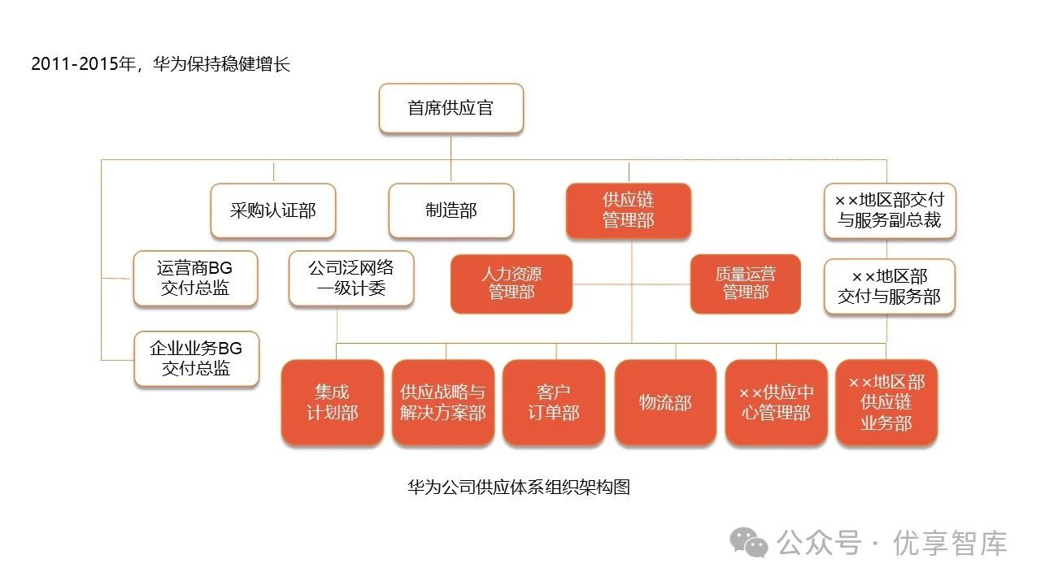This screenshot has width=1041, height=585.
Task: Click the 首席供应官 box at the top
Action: (451, 108)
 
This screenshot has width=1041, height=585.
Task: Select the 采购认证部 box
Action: (272, 210)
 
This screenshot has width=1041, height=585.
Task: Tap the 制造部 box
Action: (451, 210)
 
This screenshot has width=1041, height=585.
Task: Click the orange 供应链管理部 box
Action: (628, 210)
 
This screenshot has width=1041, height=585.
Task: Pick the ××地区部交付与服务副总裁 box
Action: (889, 210)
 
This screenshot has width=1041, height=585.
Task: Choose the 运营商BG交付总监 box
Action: (195, 278)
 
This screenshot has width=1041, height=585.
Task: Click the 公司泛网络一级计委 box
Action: (351, 278)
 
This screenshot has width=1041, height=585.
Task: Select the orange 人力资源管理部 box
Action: (511, 284)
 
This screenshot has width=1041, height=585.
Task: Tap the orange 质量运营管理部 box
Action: (745, 284)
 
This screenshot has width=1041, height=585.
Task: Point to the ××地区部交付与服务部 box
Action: (889, 286)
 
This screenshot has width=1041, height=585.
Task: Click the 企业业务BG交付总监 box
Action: (196, 358)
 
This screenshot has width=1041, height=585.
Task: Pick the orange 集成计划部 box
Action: (332, 402)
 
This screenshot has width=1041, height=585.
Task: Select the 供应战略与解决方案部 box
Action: (442, 402)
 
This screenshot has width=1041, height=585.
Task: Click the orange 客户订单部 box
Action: (553, 402)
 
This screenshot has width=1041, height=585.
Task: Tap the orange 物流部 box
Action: (665, 402)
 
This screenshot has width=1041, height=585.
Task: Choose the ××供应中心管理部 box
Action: (776, 402)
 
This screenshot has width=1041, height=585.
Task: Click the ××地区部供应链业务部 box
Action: (886, 402)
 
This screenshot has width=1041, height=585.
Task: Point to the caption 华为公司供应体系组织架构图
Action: (519, 487)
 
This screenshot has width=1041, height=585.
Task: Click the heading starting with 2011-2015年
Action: (160, 65)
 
